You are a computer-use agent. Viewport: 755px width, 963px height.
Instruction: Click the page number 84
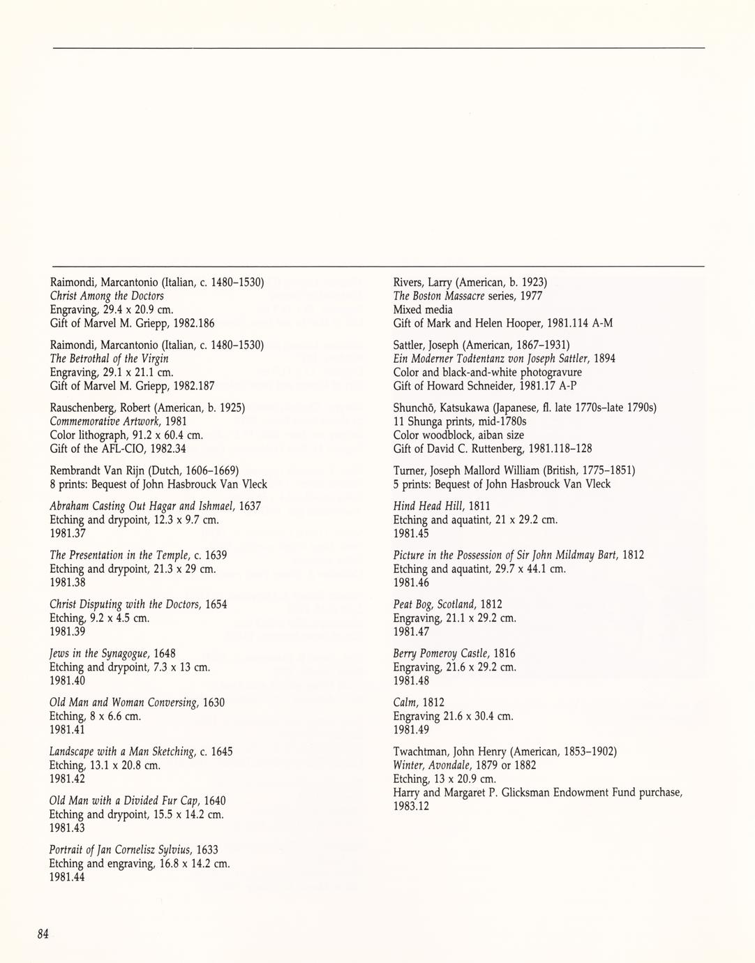pyautogui.click(x=43, y=934)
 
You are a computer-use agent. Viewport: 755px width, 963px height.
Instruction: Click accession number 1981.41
pyautogui.click(x=67, y=730)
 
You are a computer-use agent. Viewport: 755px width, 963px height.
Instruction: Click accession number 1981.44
pyautogui.click(x=67, y=877)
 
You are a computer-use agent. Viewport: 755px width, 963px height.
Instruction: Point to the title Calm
pyautogui.click(x=406, y=703)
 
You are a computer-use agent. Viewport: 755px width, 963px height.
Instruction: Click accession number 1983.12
pyautogui.click(x=411, y=807)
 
